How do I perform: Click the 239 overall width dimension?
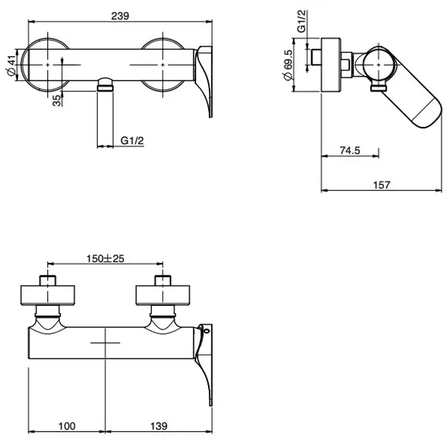click(120, 16)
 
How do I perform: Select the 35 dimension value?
click(57, 101)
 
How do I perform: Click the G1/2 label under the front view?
click(132, 140)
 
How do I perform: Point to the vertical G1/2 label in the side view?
click(301, 21)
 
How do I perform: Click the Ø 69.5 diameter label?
click(287, 65)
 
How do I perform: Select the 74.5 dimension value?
click(350, 150)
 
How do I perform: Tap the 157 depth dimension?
click(381, 185)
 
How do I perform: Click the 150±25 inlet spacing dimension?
click(105, 259)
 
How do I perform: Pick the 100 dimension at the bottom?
click(67, 426)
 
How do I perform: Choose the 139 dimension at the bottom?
click(159, 426)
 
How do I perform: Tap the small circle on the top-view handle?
click(207, 331)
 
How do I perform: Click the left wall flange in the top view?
click(48, 295)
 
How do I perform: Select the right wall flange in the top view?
click(163, 295)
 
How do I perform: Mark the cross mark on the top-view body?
click(105, 343)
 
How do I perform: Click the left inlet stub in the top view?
click(48, 280)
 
